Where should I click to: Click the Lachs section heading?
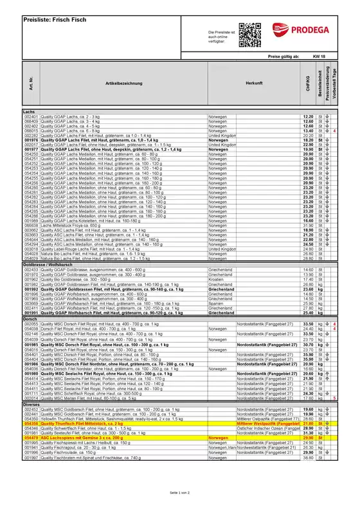tap(29, 111)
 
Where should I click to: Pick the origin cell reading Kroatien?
tap(219, 280)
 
